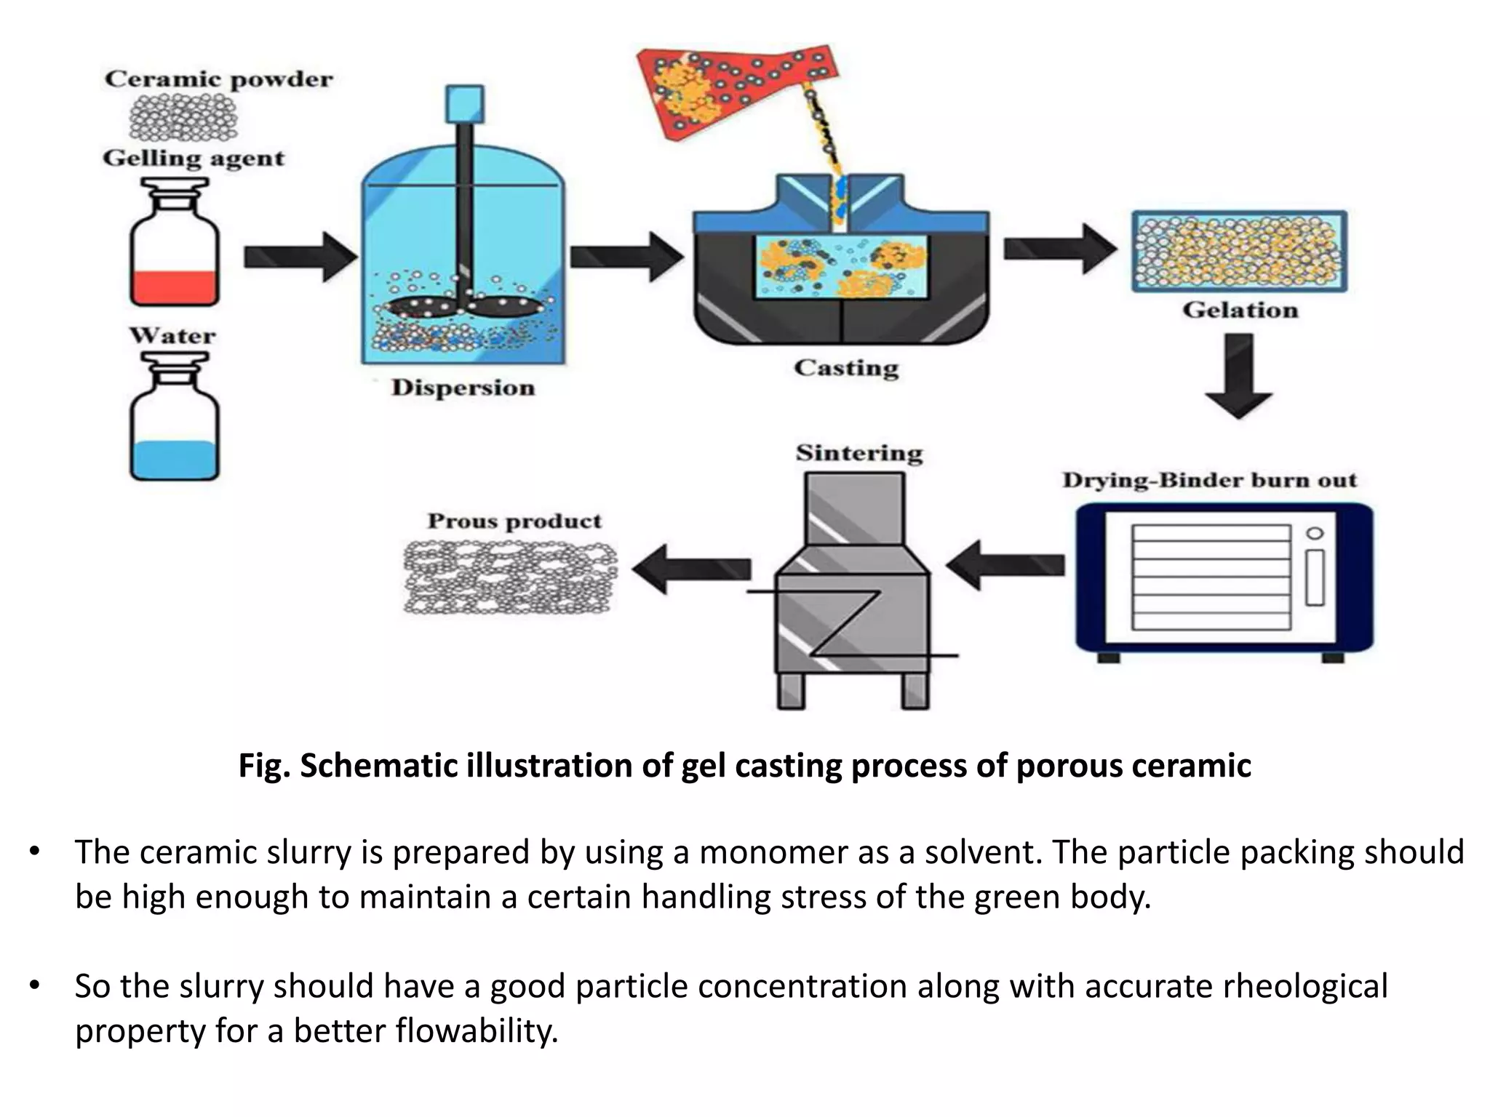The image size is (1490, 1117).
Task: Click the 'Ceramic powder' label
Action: (x=218, y=79)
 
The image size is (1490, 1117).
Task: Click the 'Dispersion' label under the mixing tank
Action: (x=463, y=388)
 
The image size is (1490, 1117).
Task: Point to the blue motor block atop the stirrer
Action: (x=463, y=103)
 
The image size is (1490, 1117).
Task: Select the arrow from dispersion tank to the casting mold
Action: (x=626, y=257)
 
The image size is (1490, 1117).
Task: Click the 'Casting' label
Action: (x=846, y=368)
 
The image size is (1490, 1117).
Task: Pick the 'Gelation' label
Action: (x=1240, y=311)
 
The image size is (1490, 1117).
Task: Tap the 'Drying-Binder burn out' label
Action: (x=1209, y=481)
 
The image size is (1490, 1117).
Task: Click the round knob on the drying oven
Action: (x=1315, y=533)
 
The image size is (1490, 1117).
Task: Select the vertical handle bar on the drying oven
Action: (x=1315, y=578)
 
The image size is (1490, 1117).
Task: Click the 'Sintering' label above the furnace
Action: (x=859, y=453)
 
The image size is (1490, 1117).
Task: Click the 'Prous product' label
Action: (x=514, y=521)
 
